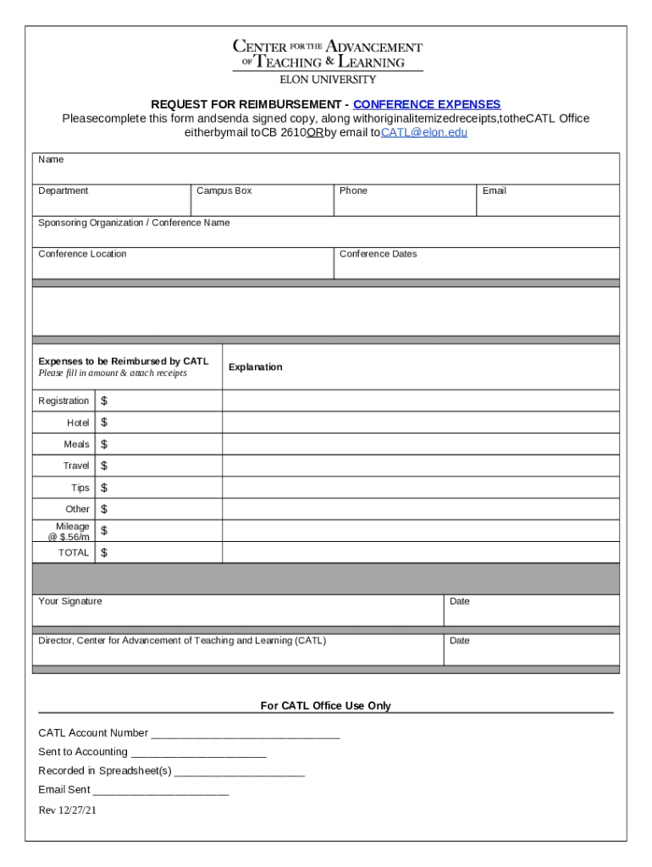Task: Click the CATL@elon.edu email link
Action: point(424,132)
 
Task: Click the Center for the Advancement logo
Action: point(327,61)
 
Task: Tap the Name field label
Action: point(51,159)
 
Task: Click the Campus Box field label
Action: point(224,191)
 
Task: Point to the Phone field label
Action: point(353,191)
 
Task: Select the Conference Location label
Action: point(82,254)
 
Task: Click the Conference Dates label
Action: point(378,254)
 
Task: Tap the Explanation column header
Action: point(255,367)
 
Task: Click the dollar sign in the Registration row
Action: point(104,400)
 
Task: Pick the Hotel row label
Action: point(78,422)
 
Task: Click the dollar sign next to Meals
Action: point(104,444)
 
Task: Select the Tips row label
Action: point(80,488)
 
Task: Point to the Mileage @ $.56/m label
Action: point(69,532)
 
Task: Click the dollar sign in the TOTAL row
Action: point(104,553)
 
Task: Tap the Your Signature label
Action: point(70,601)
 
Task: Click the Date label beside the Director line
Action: point(460,640)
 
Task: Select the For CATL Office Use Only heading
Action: point(325,705)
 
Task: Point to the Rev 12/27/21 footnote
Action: point(68,810)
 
